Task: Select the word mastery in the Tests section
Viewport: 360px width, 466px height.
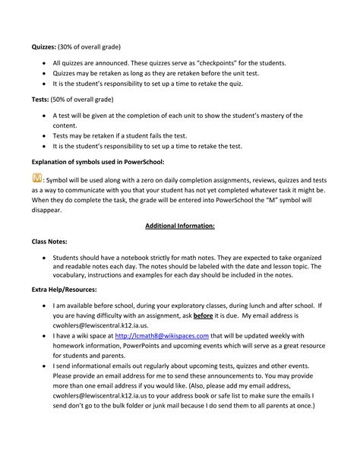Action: click(268, 116)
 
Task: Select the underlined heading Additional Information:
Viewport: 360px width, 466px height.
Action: click(179, 226)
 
